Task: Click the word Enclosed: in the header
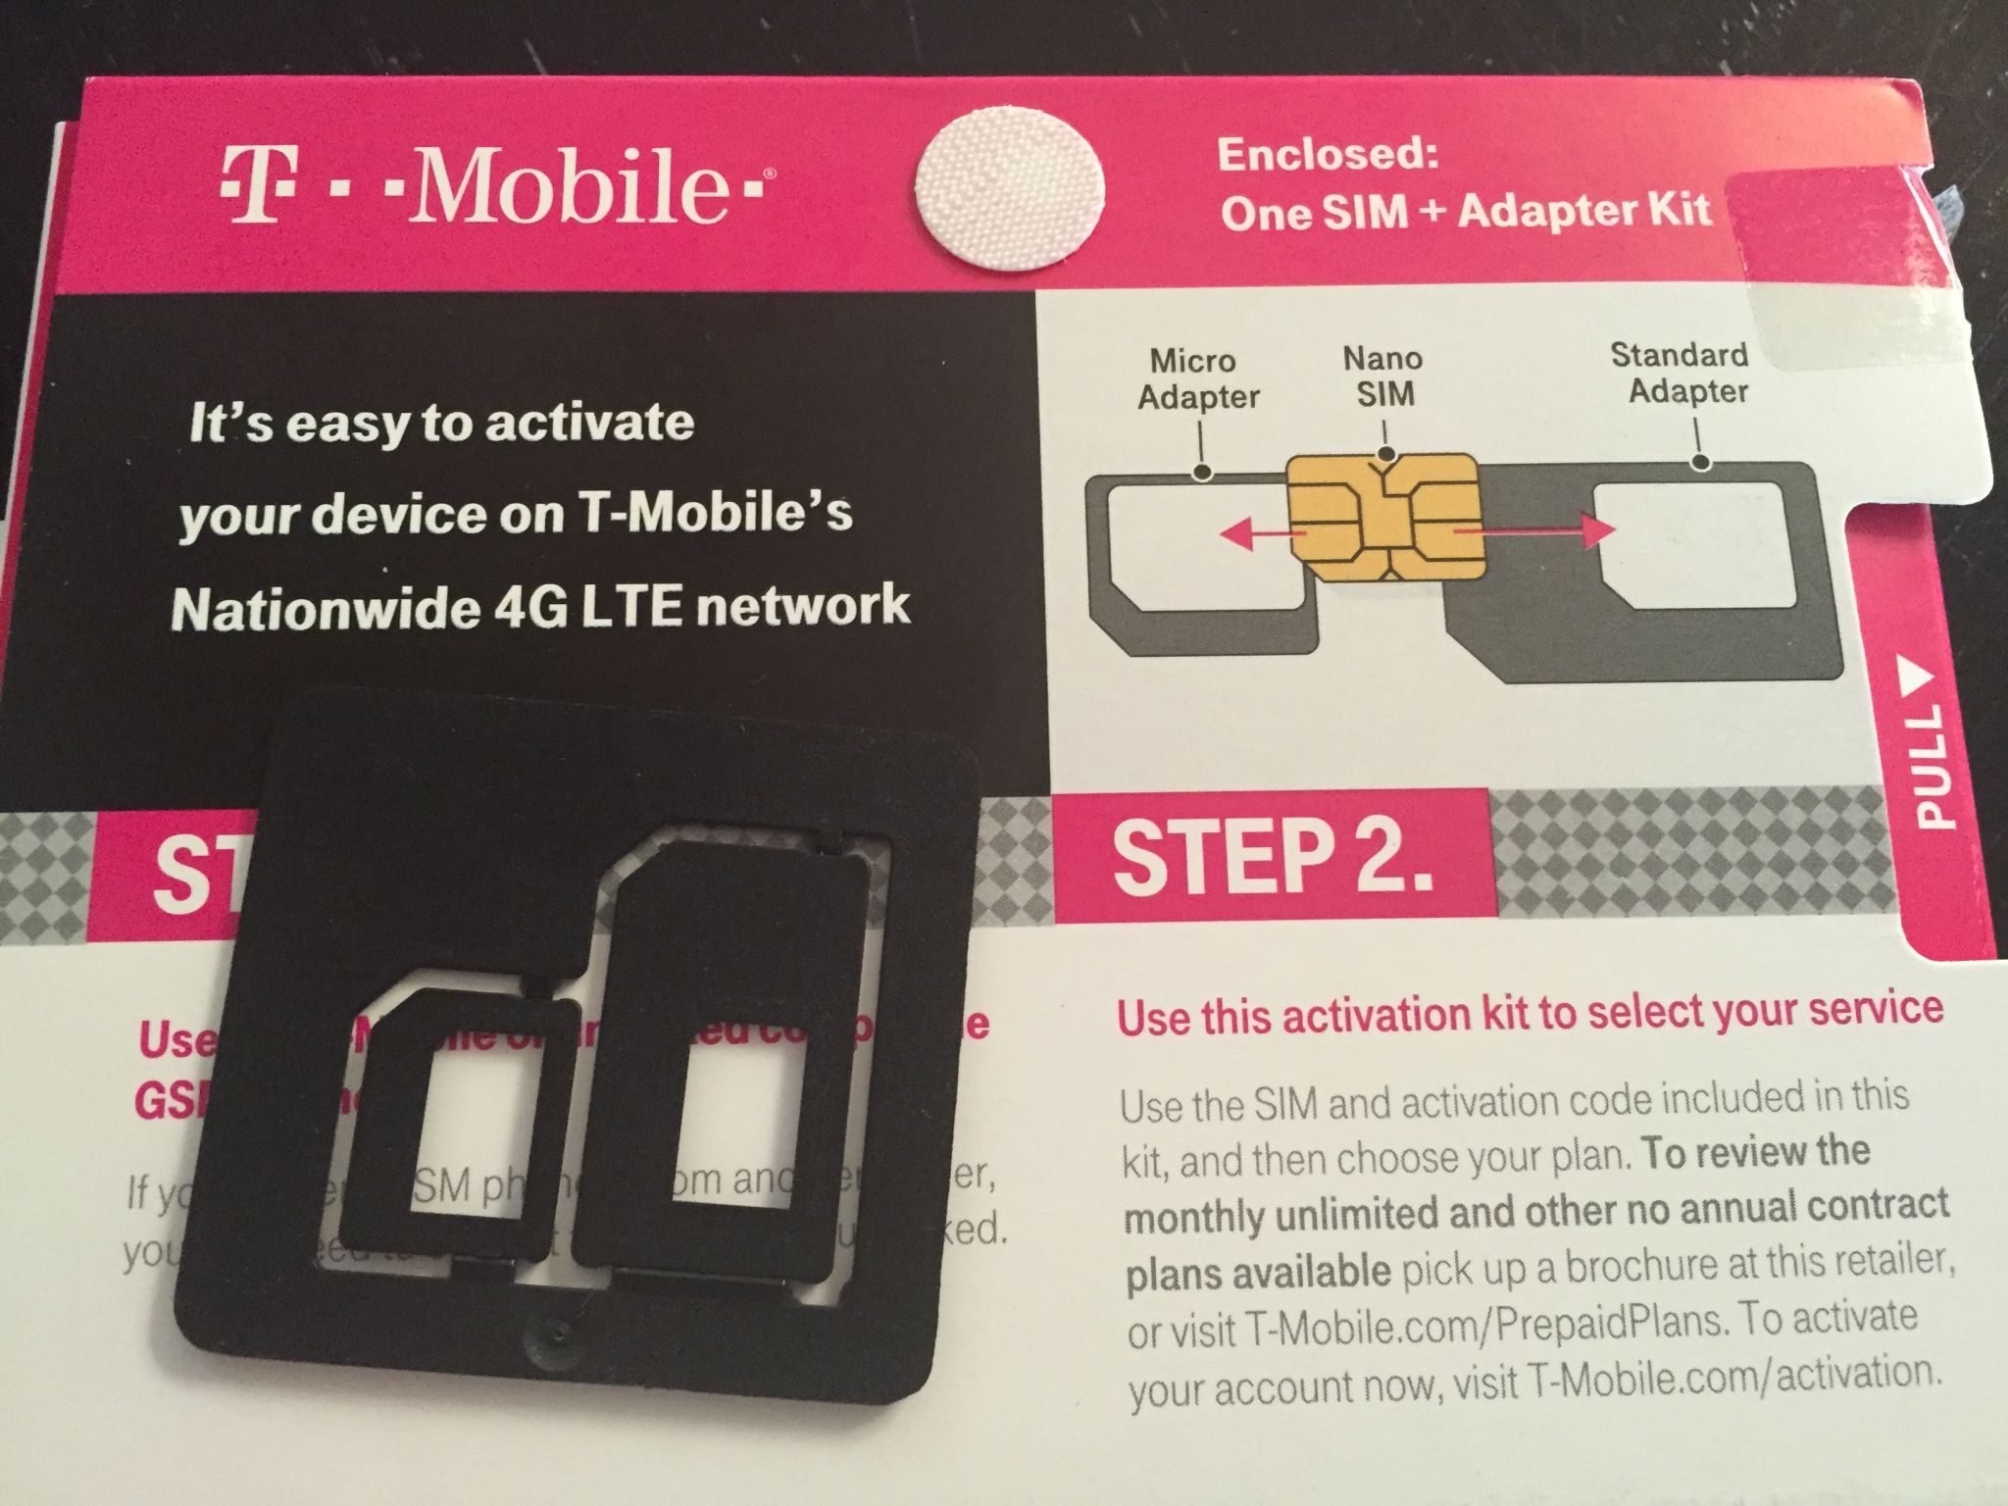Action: pos(1328,155)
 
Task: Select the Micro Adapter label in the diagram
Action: pos(1197,378)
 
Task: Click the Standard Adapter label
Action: pos(1680,373)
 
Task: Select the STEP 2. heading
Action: pos(1272,857)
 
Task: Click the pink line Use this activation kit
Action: pos(1530,1013)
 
